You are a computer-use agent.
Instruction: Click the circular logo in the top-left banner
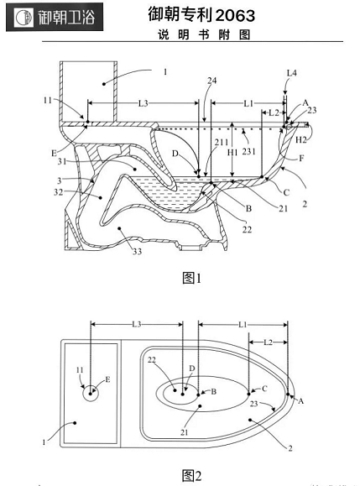(x=23, y=18)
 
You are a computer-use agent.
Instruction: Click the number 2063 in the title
(x=236, y=15)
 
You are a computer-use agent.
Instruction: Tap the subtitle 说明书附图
(x=204, y=34)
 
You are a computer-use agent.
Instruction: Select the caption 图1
(x=192, y=278)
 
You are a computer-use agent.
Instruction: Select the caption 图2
(x=192, y=475)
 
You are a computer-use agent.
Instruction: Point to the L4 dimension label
(x=291, y=73)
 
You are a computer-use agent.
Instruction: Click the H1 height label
(x=232, y=152)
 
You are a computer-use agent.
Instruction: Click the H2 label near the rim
(x=300, y=140)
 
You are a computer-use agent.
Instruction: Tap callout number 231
(x=248, y=151)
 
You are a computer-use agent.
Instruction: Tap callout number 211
(x=222, y=142)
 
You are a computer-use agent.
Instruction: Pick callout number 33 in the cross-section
(x=137, y=251)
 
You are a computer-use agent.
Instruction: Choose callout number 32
(x=58, y=192)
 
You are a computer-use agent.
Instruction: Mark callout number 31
(x=61, y=161)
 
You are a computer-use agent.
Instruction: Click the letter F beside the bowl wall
(x=301, y=159)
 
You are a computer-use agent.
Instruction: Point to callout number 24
(x=212, y=81)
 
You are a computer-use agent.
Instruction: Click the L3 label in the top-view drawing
(x=137, y=324)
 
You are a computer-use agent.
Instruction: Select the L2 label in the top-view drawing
(x=269, y=342)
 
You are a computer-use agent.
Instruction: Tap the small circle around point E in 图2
(x=91, y=394)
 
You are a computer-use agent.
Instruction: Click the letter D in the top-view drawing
(x=192, y=368)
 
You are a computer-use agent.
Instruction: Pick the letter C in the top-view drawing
(x=264, y=389)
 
